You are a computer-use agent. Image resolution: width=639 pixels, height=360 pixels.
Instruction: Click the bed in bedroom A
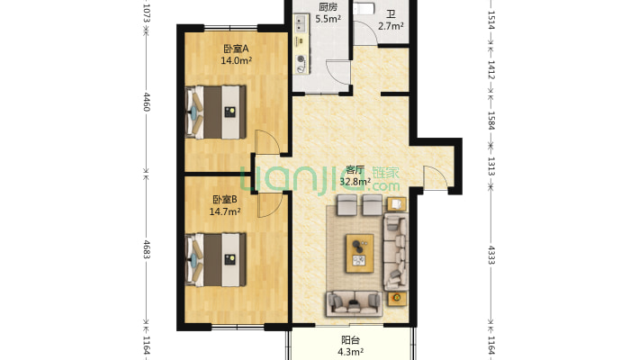pos(216,112)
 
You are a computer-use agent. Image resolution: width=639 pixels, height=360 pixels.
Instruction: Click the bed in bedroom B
pos(216,260)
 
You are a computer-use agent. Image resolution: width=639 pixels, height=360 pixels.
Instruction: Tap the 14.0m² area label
pos(236,60)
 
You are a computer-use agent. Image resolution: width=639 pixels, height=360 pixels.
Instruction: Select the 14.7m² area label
pos(224,211)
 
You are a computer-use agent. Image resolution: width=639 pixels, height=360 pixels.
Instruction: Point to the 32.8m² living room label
pos(355,182)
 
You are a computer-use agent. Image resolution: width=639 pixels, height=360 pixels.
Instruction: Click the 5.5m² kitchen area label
pos(328,18)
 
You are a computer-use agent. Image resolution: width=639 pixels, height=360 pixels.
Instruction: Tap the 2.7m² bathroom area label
pos(391,26)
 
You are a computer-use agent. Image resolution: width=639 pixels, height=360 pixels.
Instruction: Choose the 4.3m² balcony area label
pos(350,351)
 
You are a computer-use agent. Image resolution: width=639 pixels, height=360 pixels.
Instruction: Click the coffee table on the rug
pos(360,253)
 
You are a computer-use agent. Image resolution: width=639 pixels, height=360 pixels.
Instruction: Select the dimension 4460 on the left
pos(147,102)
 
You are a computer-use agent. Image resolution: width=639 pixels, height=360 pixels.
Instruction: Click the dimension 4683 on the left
pos(147,249)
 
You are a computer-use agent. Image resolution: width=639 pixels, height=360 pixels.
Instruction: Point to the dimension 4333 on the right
pos(491,255)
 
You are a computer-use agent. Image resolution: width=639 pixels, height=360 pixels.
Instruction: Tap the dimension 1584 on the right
pos(491,121)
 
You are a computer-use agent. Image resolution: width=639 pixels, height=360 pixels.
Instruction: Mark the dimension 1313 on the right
pos(491,166)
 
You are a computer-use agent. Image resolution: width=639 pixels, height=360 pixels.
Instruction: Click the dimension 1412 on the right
pos(491,70)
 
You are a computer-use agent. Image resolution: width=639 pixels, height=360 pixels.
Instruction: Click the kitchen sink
pos(301,23)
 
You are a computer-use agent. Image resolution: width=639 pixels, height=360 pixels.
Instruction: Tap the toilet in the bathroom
pos(364,8)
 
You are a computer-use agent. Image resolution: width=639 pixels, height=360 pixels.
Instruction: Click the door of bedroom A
pos(267,142)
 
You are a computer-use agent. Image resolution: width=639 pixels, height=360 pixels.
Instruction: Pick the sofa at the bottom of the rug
pos(354,303)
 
